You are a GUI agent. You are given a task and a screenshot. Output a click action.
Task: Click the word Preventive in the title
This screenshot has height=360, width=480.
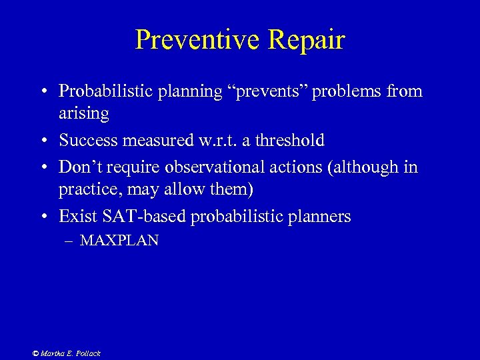(x=197, y=40)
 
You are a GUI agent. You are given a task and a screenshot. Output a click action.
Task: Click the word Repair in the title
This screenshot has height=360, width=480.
(x=306, y=40)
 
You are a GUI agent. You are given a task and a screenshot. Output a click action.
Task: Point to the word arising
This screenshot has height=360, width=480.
(x=83, y=113)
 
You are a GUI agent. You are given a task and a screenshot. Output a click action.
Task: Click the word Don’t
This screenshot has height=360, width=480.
(x=79, y=167)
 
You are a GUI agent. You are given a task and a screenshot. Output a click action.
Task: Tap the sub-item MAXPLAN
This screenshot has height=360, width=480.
(x=119, y=241)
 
